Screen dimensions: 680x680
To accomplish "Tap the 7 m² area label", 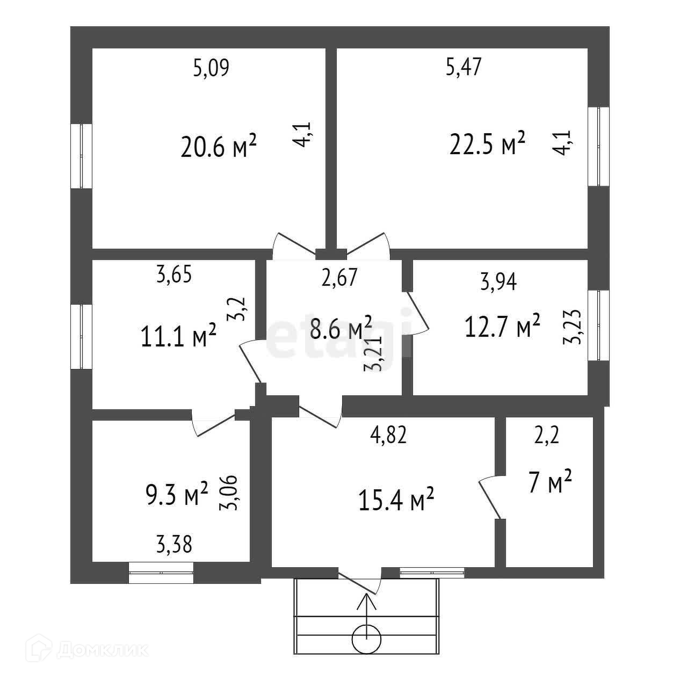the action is pos(549,482).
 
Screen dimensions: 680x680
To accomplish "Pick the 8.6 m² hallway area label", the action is pos(341,329).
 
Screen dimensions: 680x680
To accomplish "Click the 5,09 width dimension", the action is pos(211,69).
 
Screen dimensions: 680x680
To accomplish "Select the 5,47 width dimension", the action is pos(464,68).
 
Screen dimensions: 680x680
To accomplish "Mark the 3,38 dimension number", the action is pos(174,545).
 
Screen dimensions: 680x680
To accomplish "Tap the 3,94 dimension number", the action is pos(498,281).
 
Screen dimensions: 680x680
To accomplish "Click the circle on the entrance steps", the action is pos(367,639).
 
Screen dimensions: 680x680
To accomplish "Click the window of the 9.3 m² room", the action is pos(161,573).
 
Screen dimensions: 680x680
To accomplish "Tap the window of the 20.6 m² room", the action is pos(82,156).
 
